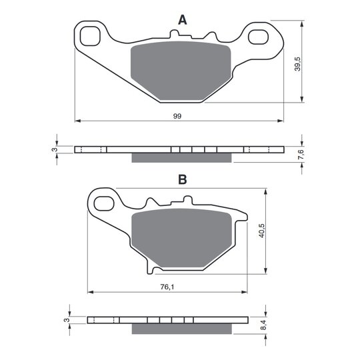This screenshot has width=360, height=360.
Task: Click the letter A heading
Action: (x=183, y=20)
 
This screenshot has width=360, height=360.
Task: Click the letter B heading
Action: (x=183, y=179)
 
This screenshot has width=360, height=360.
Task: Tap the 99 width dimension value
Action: (x=177, y=116)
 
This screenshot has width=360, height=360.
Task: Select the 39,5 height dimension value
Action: (x=297, y=64)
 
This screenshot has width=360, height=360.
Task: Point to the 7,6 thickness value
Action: (x=301, y=154)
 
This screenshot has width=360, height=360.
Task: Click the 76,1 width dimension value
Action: (x=167, y=287)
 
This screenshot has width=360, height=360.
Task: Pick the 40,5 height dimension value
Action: (x=262, y=231)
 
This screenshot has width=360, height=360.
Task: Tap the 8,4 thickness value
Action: (x=264, y=325)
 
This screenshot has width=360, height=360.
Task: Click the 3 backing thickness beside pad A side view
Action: (x=55, y=150)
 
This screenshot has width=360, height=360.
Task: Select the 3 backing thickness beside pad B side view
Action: (x=67, y=320)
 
